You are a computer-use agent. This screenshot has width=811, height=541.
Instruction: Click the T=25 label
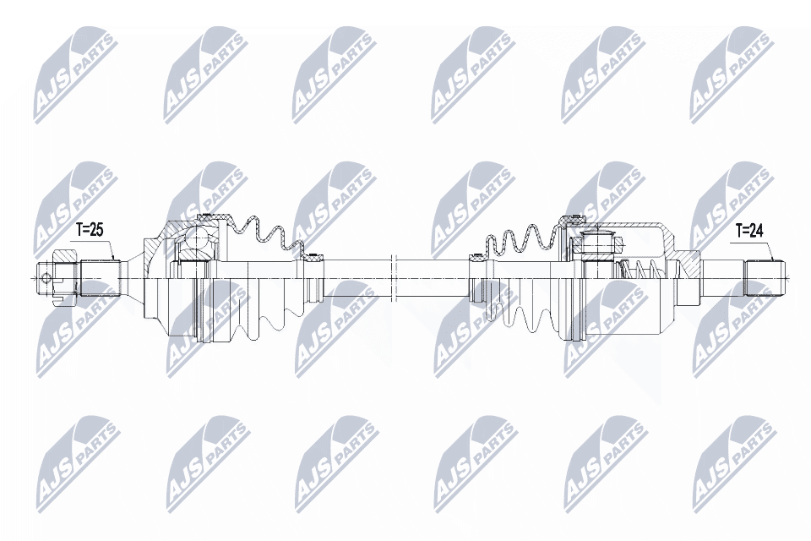(89, 229)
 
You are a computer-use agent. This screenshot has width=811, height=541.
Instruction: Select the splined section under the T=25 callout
(98, 276)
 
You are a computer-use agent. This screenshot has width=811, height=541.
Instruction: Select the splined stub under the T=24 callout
(764, 276)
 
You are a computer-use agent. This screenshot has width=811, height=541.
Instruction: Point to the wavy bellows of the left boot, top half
(262, 232)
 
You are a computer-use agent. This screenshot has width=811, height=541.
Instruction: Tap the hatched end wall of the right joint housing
(689, 263)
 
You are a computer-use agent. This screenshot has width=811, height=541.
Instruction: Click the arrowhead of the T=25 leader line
(115, 259)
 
